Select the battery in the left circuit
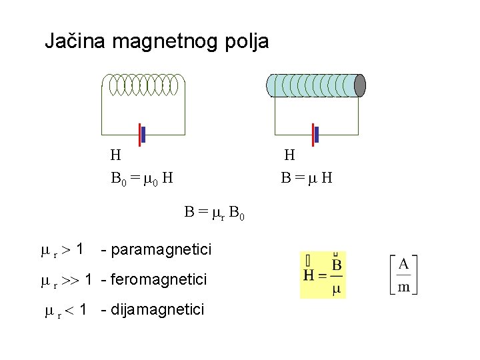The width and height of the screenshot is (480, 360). click(x=141, y=135)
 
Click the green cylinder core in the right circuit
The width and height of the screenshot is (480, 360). click(x=312, y=85)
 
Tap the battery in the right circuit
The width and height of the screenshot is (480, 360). click(x=315, y=135)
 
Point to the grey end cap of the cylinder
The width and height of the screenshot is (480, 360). click(x=360, y=85)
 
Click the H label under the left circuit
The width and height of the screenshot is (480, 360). click(x=115, y=156)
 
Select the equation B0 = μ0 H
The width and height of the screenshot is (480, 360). click(x=142, y=178)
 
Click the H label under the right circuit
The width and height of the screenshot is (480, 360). click(x=289, y=156)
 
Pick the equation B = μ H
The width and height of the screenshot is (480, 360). click(x=307, y=178)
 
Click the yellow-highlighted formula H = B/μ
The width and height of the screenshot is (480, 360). click(x=323, y=275)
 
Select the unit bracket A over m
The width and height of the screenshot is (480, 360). click(x=404, y=275)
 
